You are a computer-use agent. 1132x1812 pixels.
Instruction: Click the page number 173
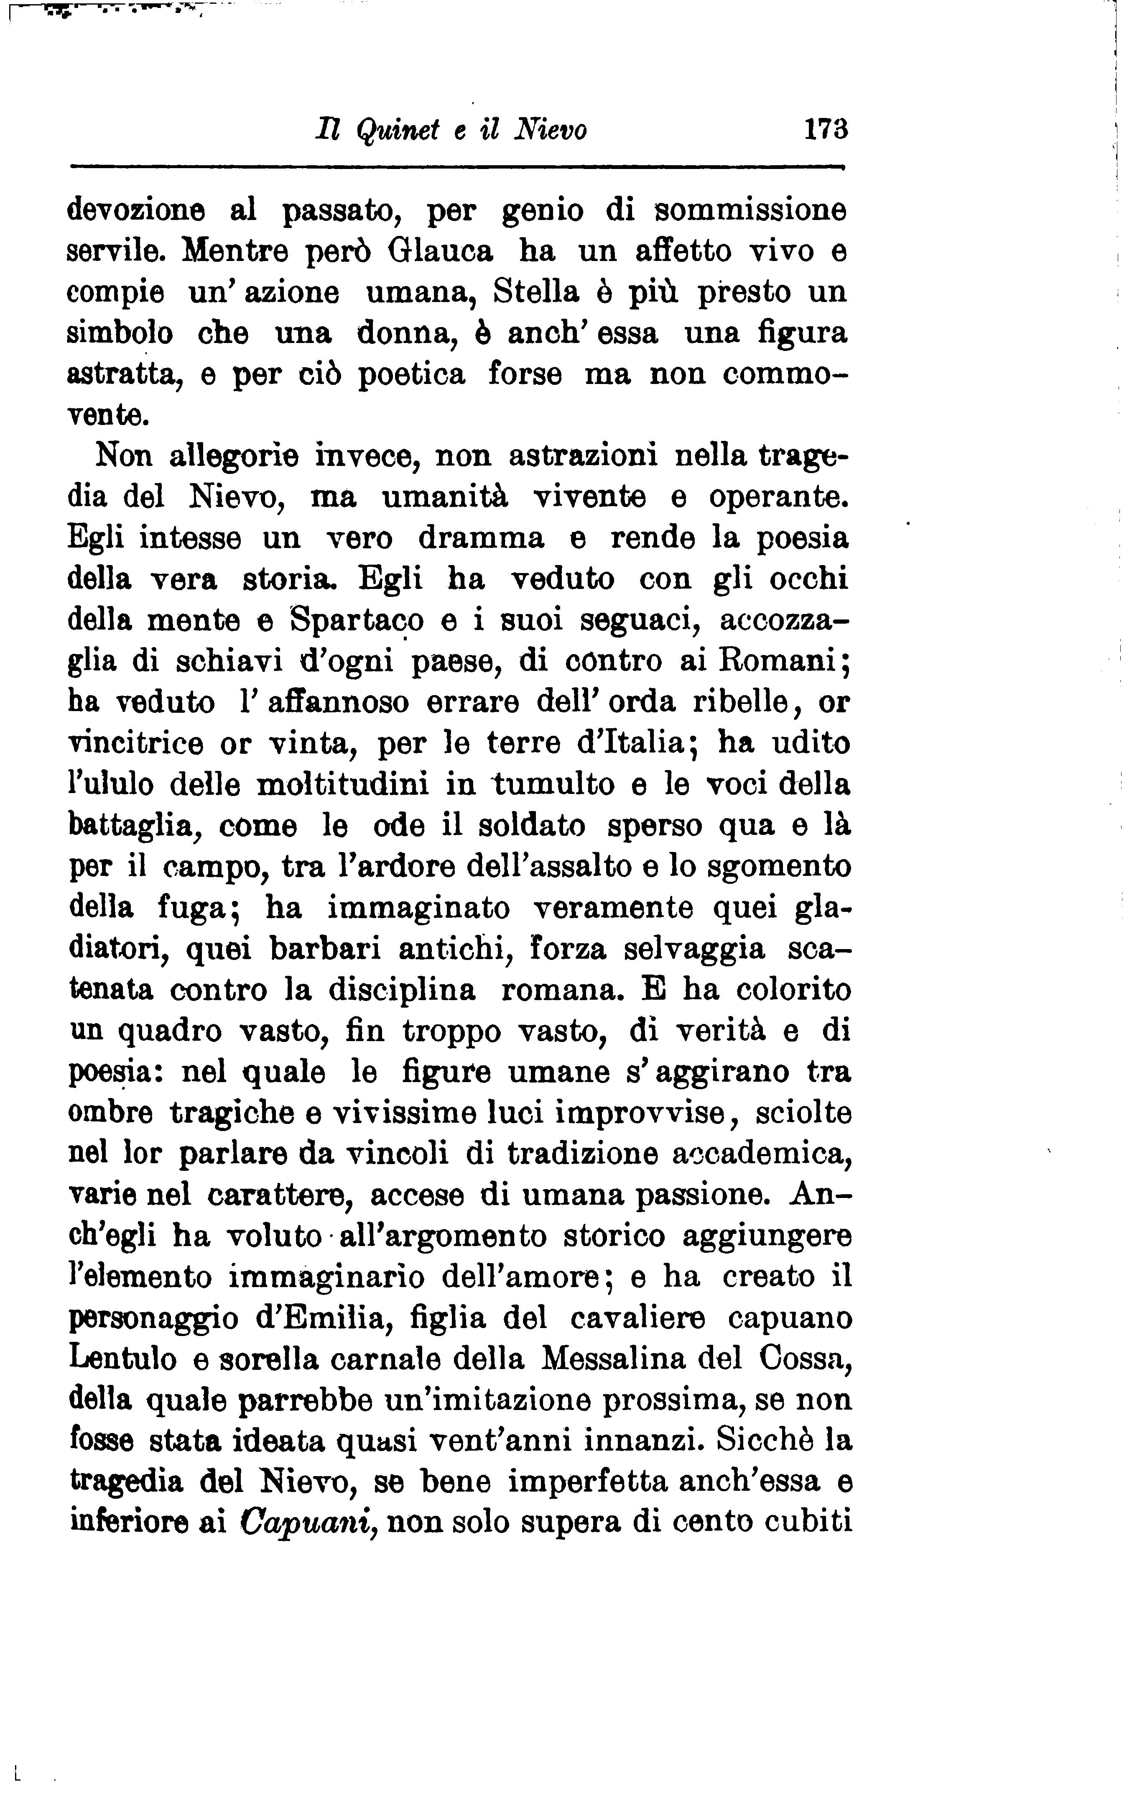(826, 131)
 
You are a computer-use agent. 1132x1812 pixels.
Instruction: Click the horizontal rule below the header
(457, 167)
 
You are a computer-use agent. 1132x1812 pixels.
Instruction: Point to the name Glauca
(441, 251)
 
